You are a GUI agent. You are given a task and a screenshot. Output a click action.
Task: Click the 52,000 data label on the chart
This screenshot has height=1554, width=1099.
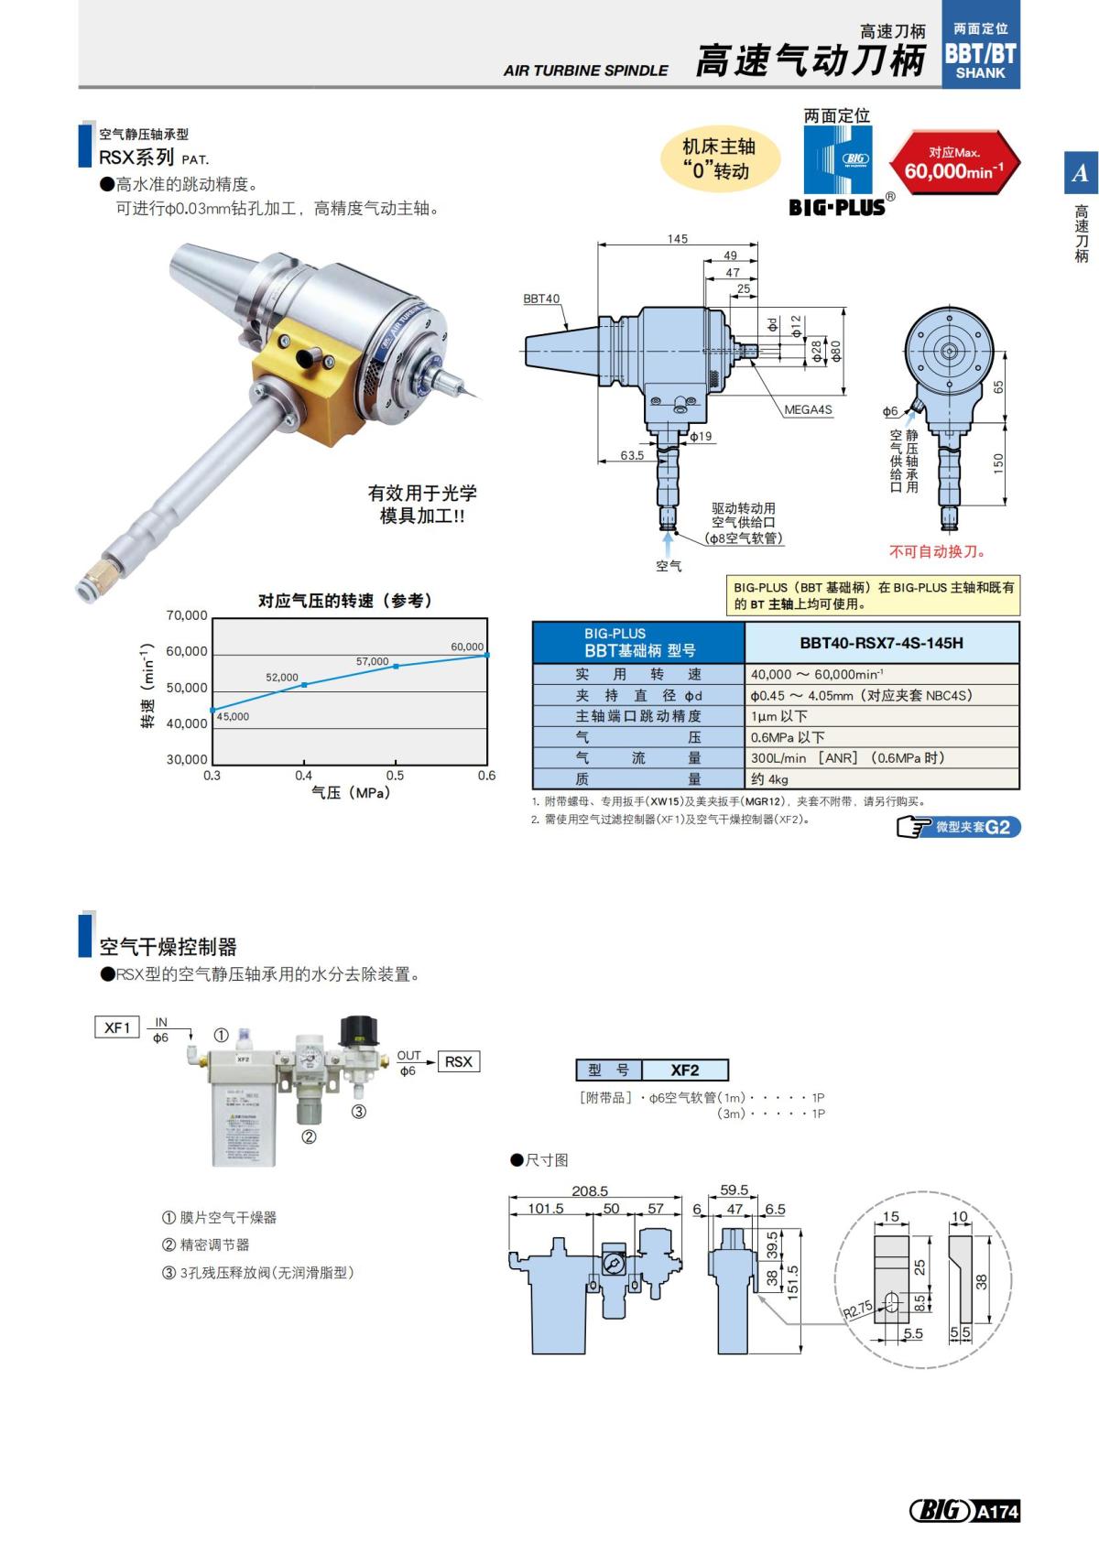coord(282,678)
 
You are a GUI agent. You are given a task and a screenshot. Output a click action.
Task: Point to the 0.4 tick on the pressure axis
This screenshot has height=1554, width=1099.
coord(303,776)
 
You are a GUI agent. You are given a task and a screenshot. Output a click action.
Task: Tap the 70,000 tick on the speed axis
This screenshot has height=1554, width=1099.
coord(187,615)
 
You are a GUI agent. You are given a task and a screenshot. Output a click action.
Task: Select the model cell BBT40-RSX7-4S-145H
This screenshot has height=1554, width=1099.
coord(881,643)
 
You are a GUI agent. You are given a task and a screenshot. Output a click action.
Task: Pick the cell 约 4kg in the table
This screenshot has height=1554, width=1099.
coord(770,779)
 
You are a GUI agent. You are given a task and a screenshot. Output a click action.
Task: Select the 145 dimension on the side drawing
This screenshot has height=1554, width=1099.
coord(677,239)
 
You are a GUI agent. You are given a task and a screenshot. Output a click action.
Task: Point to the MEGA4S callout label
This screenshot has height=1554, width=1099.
coord(808,409)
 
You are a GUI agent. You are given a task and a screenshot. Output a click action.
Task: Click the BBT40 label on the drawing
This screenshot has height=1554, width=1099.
coord(541,299)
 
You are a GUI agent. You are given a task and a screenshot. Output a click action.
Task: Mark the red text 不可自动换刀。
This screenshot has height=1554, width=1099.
coord(937,551)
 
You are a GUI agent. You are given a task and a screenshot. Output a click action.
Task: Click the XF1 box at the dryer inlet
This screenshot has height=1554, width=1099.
coord(117,1027)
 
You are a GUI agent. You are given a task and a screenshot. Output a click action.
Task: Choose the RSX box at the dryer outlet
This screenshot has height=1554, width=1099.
coord(459,1061)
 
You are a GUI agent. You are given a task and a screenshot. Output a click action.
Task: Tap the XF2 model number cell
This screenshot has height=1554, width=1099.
coord(684,1070)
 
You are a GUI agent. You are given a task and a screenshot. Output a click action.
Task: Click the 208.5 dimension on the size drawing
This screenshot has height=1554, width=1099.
coord(590,1190)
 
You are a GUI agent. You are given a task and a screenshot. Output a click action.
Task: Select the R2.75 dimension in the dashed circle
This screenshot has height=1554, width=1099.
coord(858,1310)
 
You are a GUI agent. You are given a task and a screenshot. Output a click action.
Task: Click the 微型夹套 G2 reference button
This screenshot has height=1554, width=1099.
coord(958,827)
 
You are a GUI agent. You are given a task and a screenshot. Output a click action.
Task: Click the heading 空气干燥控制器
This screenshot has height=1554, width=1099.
coord(168,946)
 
